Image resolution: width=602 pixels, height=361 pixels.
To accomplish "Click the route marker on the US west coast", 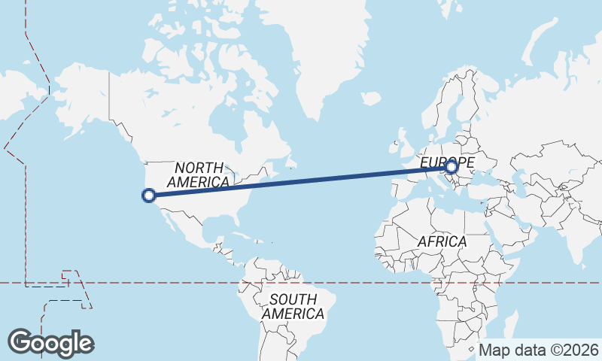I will tap(149, 196).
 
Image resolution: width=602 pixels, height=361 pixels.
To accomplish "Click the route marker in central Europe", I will tap(451, 167).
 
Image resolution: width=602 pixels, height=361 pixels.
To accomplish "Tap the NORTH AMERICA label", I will tap(199, 174).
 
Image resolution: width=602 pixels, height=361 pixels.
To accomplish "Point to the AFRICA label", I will tap(442, 241).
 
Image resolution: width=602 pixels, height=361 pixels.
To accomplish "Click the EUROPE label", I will tap(446, 162).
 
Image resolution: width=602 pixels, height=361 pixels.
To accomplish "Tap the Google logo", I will tap(51, 342).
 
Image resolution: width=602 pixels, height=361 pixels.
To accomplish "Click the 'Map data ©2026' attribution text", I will tap(539, 350).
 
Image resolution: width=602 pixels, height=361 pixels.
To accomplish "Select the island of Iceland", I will tap(370, 99).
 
